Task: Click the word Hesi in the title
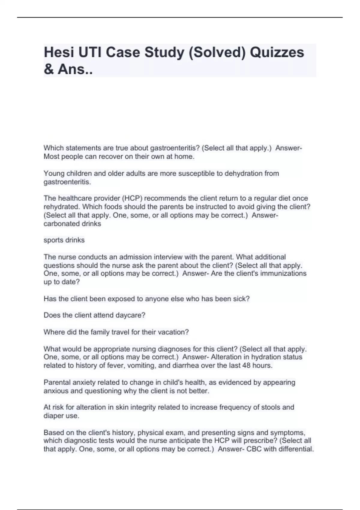58,52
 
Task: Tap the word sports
54,240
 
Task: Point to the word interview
168,257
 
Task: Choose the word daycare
132,315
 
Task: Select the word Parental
57,382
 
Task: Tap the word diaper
53,416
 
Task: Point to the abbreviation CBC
254,449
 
